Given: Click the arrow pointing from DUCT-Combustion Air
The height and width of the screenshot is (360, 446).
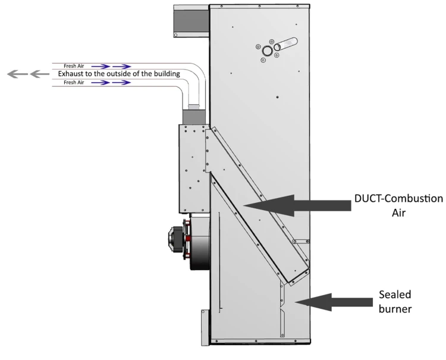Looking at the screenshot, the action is tap(297, 205).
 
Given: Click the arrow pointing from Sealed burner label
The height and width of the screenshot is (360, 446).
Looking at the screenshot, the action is tap(334, 302).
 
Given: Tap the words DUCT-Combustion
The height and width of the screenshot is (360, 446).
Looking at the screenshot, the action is tap(398, 199).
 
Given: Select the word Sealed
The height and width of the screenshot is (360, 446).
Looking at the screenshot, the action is tap(395, 295).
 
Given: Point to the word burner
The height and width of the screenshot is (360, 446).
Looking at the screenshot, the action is tap(395, 309).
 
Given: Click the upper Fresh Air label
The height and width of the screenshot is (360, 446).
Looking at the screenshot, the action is tap(74, 66).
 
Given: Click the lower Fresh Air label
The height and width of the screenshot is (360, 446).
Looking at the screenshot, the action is tap(74, 83).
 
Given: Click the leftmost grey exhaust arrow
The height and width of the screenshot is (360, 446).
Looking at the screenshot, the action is tap(17, 74).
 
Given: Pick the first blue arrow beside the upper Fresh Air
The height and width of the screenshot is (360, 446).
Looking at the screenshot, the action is tap(100, 67).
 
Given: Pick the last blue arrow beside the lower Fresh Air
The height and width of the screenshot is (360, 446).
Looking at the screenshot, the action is tap(121, 83).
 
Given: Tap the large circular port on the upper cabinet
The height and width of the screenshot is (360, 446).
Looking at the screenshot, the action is tap(268, 51).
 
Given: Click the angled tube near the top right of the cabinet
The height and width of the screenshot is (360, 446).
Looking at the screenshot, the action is tap(285, 44).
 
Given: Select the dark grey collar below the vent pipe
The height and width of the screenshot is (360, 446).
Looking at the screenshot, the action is tap(194, 117).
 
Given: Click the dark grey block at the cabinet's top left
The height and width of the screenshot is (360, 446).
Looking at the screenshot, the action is tap(191, 21).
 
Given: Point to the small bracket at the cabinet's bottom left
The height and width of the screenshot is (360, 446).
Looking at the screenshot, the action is tap(206, 327).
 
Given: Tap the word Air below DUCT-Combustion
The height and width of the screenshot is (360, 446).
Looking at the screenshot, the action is tap(398, 213).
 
